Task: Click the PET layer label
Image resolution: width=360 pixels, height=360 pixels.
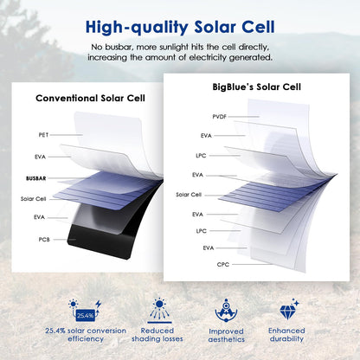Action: click(43, 135)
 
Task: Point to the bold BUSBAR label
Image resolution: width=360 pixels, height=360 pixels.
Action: click(37, 177)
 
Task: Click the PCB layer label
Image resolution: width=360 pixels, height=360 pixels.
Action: click(43, 238)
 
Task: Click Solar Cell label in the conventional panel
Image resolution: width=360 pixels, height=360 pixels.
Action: click(34, 197)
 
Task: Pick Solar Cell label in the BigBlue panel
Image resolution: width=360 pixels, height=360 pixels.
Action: click(189, 195)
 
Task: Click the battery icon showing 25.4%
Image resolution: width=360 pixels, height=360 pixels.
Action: click(87, 313)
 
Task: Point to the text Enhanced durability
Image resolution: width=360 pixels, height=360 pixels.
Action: click(286, 335)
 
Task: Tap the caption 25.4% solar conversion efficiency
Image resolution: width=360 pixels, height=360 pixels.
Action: click(85, 335)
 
